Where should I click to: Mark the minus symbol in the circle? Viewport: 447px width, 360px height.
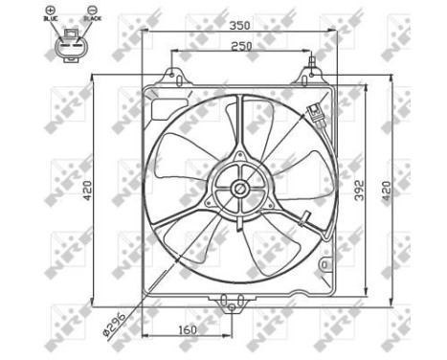click(86, 10)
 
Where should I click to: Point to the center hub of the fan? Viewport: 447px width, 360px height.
click(238, 191)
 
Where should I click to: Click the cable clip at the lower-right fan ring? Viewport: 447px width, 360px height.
click(305, 217)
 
